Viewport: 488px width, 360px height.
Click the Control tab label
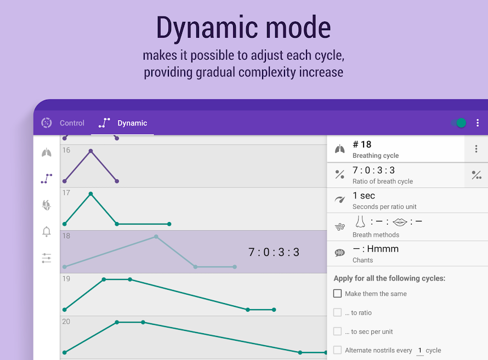coord(72,123)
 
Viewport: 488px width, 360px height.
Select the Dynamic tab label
coord(132,123)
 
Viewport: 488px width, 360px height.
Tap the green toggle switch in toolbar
coord(459,123)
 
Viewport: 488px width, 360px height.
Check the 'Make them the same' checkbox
coord(337,294)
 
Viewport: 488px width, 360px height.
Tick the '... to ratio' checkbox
coord(337,312)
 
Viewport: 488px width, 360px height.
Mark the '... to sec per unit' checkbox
coord(337,332)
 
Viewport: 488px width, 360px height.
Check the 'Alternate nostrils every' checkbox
coord(337,350)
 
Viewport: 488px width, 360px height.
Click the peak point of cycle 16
coord(90,151)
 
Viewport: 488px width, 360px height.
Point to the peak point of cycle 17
coord(90,194)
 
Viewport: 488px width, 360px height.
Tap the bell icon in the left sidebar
coord(47,232)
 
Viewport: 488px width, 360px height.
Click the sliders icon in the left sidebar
coord(47,258)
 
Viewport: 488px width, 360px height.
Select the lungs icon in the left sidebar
coord(47,153)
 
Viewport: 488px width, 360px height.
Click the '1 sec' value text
coord(364,196)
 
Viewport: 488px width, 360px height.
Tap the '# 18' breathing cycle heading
coord(362,145)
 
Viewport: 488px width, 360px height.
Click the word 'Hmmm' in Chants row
coord(383,249)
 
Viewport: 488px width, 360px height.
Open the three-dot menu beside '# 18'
coord(476,149)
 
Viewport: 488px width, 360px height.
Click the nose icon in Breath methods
coord(360,222)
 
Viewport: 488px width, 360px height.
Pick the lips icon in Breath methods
coord(400,222)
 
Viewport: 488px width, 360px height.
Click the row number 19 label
coord(66,279)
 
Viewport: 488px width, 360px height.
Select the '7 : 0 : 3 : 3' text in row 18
coord(274,252)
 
